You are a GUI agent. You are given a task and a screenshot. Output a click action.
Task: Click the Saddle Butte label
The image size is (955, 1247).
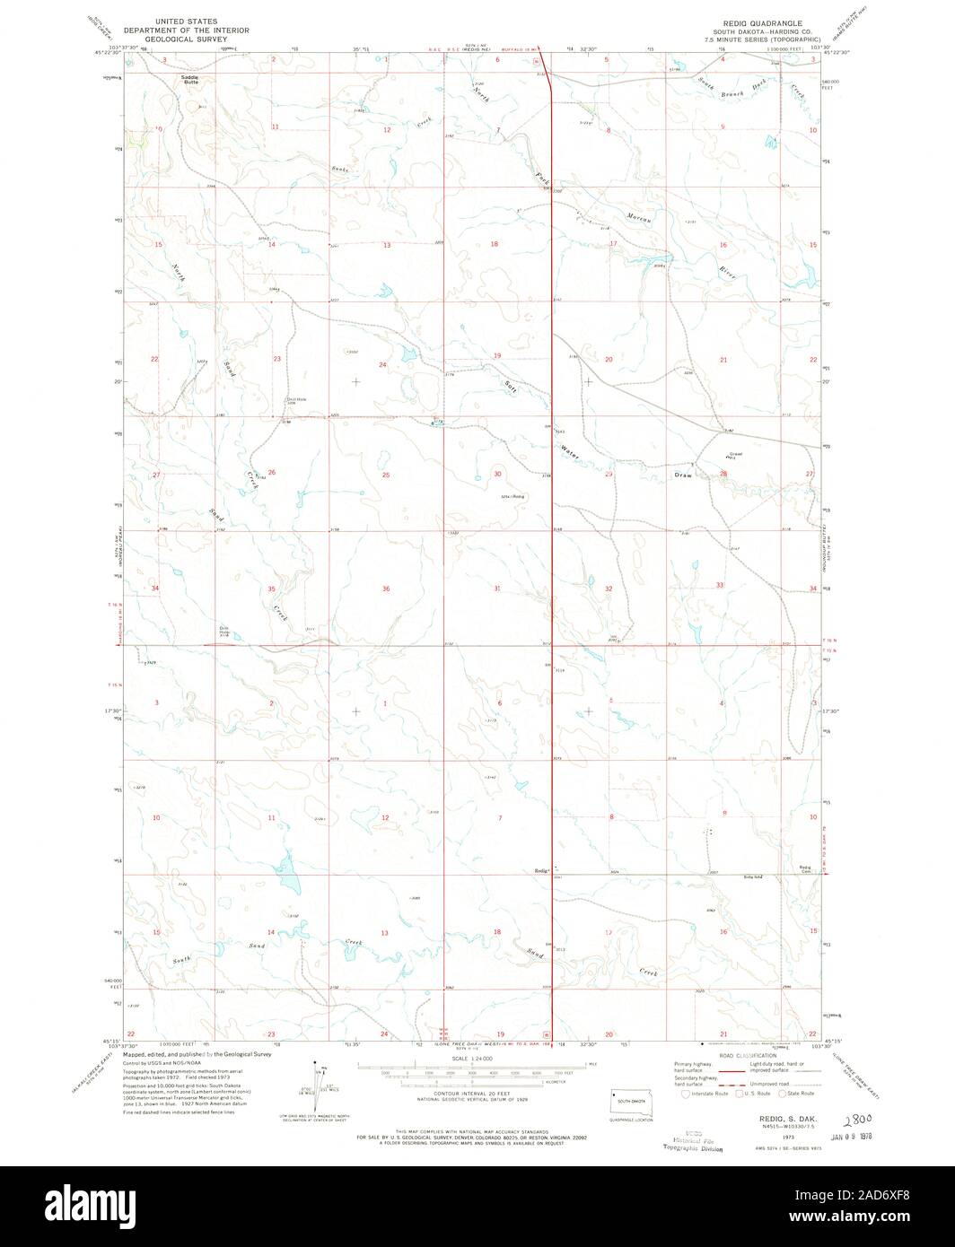click(x=189, y=79)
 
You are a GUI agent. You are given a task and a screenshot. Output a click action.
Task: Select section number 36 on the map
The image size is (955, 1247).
click(x=386, y=589)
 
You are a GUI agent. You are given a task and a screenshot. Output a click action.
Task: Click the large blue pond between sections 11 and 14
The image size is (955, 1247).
click(x=286, y=868)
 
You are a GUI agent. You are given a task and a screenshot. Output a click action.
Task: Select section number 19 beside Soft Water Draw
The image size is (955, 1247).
click(x=496, y=356)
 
